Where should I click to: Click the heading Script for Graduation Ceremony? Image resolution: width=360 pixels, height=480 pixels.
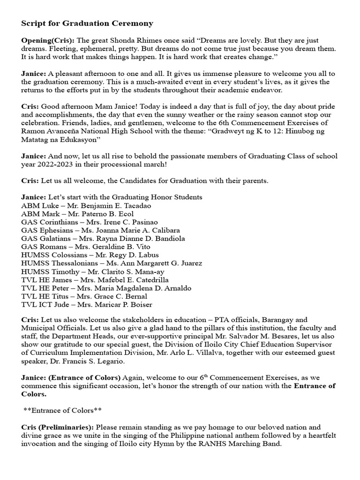pyautogui.click(x=87, y=23)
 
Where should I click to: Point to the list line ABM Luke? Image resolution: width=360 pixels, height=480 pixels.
pyautogui.click(x=37, y=205)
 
